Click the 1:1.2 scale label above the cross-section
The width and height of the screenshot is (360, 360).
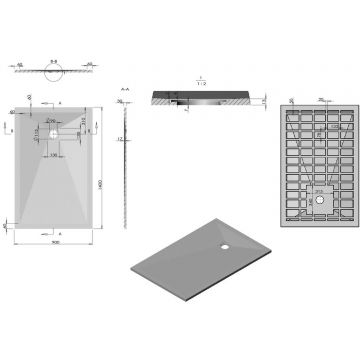point(201,80)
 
